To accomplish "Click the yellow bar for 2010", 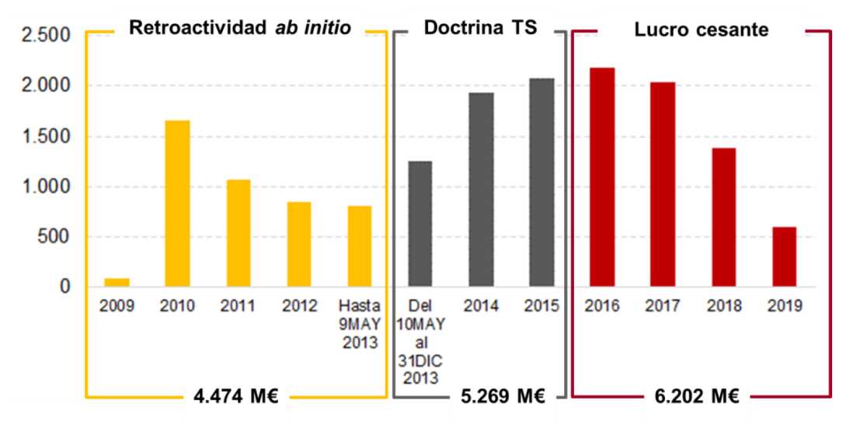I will coord(177,204).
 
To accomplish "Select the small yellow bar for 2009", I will coord(117,283).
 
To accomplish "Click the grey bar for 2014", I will coord(481,190).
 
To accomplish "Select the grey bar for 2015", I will coord(541,183).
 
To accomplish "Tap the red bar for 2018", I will coord(723,217).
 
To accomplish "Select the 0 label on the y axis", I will coord(66,287).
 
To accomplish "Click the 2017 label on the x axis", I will coord(663,307).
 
